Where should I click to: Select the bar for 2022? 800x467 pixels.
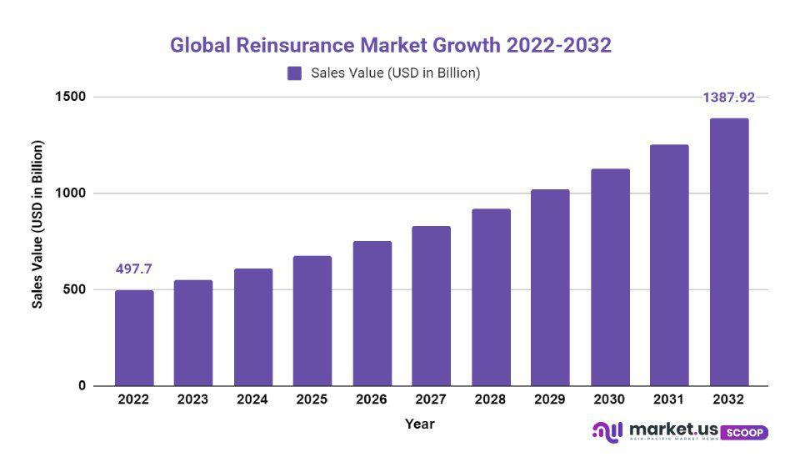point(133,338)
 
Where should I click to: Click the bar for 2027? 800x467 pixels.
point(431,305)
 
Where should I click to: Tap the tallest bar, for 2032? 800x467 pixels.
point(728,252)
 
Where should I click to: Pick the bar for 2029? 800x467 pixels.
point(550,288)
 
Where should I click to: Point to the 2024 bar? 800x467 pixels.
point(252,327)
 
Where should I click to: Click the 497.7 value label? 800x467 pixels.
point(133,269)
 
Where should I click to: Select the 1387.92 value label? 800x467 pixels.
point(728,98)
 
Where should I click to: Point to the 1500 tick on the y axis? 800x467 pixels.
point(70,97)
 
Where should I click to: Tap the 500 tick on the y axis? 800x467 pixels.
point(74,289)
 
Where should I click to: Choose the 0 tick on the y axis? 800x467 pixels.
point(82,386)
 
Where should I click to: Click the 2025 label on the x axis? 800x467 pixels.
point(312,399)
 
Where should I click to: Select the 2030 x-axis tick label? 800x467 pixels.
point(609,399)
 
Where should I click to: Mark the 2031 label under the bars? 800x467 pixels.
point(669,399)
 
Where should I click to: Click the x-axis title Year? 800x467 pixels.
point(419,424)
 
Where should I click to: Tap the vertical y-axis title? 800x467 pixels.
point(37,224)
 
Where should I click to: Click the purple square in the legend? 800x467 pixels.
point(294,73)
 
